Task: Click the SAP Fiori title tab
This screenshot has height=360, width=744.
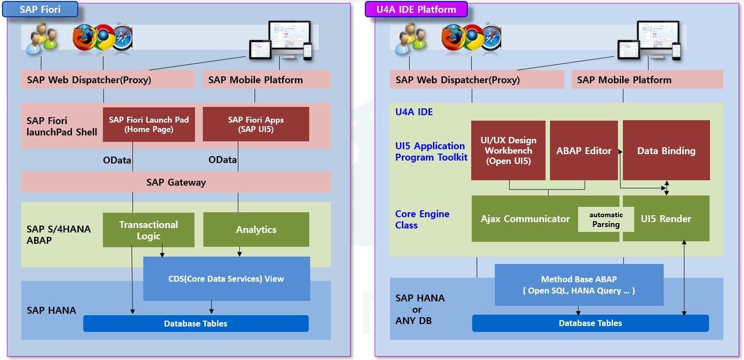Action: click(x=40, y=9)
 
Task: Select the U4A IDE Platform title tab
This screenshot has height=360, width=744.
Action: click(x=416, y=9)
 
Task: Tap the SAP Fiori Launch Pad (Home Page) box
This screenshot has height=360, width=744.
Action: click(x=149, y=125)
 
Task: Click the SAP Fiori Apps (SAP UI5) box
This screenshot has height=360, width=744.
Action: click(x=256, y=125)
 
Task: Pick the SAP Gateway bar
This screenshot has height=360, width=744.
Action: click(x=176, y=182)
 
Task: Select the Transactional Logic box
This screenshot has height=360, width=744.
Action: click(x=149, y=230)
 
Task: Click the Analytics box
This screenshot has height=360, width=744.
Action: click(x=256, y=229)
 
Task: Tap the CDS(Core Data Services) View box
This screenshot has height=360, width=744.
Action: click(x=226, y=279)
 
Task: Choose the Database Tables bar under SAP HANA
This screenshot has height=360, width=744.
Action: click(x=195, y=324)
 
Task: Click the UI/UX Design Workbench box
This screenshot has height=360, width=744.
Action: click(x=508, y=150)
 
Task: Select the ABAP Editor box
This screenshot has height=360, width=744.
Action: click(x=583, y=150)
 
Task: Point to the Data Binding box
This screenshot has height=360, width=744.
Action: click(x=666, y=150)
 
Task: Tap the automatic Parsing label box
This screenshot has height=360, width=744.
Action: click(x=606, y=220)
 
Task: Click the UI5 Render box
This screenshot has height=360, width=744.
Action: click(x=666, y=219)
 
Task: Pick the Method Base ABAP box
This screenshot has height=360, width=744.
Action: click(x=579, y=285)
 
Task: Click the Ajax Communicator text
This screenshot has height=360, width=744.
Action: click(x=525, y=219)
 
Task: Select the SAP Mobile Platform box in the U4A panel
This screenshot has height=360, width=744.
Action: click(x=647, y=80)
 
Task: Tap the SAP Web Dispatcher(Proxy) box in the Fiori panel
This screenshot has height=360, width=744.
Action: click(x=108, y=80)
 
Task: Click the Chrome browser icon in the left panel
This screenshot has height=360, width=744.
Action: click(x=104, y=37)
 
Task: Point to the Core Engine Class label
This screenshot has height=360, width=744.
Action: click(x=422, y=220)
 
